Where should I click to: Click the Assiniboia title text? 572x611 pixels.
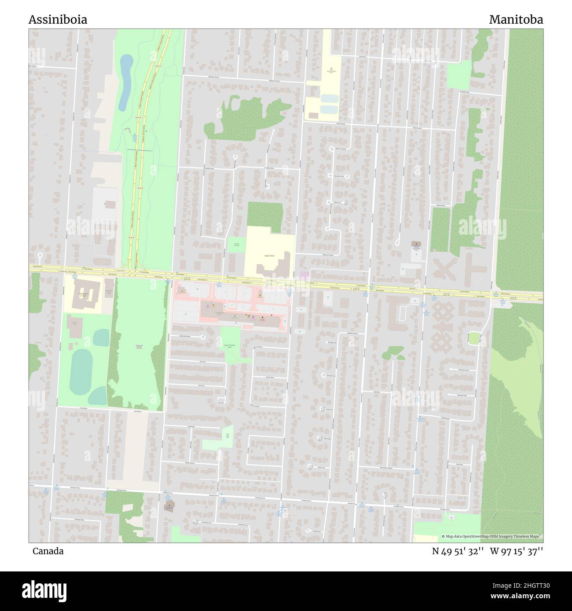click(58, 20)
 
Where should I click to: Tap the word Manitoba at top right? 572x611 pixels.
click(516, 20)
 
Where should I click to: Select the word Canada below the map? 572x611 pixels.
click(48, 551)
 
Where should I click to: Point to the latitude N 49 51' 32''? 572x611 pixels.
click(458, 551)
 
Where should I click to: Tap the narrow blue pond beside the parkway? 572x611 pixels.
click(125, 83)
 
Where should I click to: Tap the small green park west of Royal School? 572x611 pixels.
click(236, 244)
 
